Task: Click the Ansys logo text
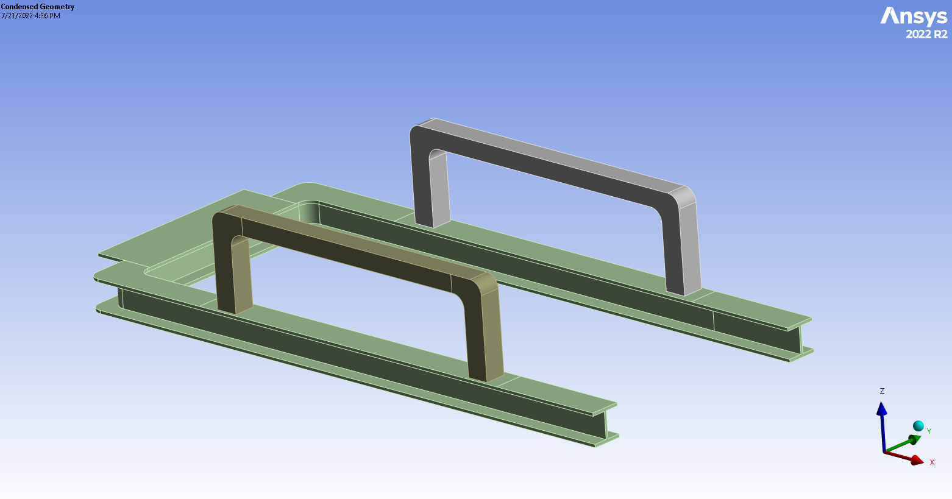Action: tap(913, 16)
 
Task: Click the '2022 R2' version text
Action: tap(926, 35)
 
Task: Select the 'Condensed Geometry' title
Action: tap(38, 7)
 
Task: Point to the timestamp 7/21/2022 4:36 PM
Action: tap(31, 16)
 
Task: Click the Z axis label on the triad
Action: tap(882, 391)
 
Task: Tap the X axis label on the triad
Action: tap(932, 462)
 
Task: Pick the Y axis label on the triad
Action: tap(929, 431)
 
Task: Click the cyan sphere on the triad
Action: tap(918, 426)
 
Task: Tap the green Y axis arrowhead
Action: tap(914, 439)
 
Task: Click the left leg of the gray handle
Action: tap(432, 189)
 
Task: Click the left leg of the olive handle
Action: tap(233, 274)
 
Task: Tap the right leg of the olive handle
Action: tap(485, 341)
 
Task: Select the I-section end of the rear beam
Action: tap(800, 339)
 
